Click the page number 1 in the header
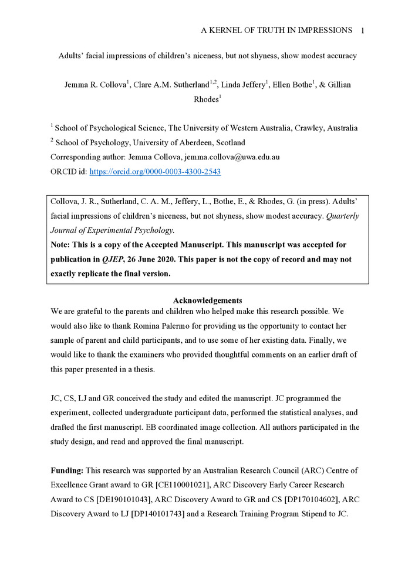pyautogui.click(x=363, y=30)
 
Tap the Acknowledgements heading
pyautogui.click(x=208, y=300)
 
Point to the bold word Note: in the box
pyautogui.click(x=62, y=245)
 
